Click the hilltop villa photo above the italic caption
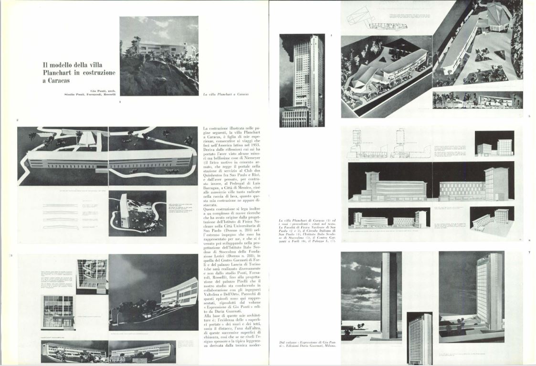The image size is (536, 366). pyautogui.click(x=158, y=56)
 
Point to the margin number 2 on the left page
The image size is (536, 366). pyautogui.click(x=17, y=120)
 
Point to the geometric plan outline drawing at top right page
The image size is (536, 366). pyautogui.click(x=360, y=17)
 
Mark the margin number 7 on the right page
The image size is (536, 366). pyautogui.click(x=529, y=252)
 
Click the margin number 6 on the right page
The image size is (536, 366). pyautogui.click(x=529, y=241)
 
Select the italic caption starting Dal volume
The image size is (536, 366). pyautogui.click(x=305, y=345)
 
